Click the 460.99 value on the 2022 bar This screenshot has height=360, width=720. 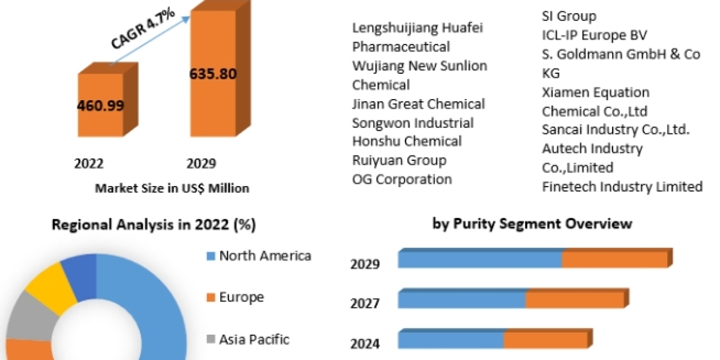100,106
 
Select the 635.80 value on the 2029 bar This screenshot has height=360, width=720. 212,74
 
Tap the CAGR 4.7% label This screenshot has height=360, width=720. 142,30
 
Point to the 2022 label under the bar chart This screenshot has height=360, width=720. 89,164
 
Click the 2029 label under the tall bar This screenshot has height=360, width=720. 202,164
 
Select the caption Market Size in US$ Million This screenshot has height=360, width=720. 172,188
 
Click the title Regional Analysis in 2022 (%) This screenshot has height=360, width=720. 154,225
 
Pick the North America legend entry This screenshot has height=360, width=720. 265,256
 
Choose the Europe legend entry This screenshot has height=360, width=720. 241,297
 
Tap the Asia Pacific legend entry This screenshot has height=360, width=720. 254,339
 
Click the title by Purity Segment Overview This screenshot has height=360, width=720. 532,223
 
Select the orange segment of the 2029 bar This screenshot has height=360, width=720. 614,259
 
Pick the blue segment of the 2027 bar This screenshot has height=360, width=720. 461,299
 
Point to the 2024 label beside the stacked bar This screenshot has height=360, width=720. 365,343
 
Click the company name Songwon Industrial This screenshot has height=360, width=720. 413,123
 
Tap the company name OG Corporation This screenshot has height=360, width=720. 402,179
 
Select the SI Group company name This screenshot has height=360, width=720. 569,16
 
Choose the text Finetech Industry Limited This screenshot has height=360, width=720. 622,187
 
